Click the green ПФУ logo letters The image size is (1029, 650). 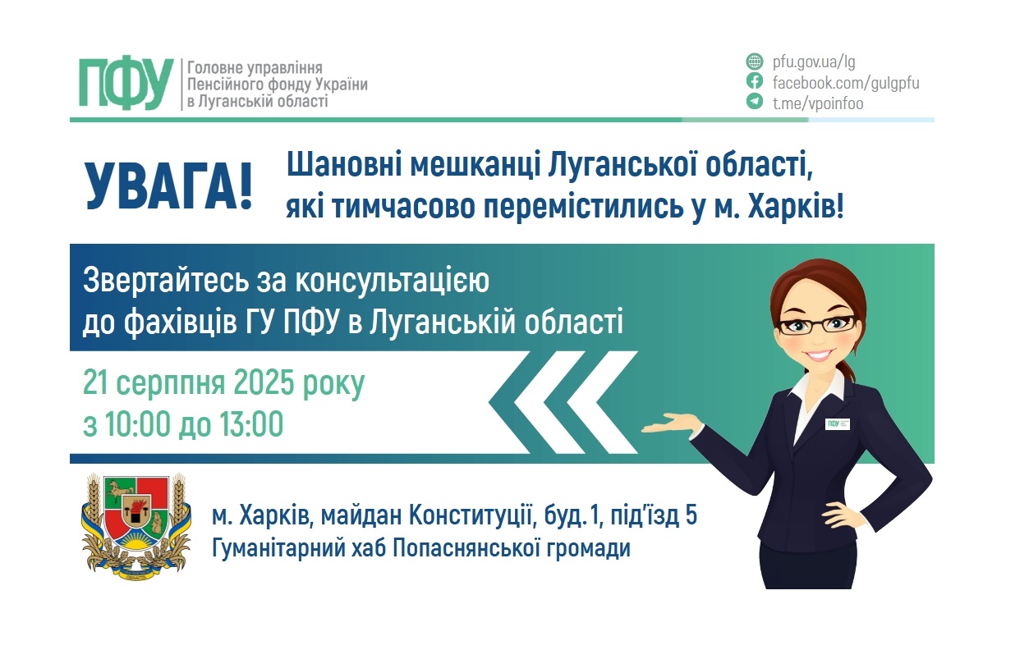[x=126, y=83]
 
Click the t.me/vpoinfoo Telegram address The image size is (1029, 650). [x=818, y=103]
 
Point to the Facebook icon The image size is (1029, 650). [x=754, y=81]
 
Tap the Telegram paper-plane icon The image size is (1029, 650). [x=754, y=102]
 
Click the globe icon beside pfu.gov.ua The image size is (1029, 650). [x=754, y=62]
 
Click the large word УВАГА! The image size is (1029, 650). [x=168, y=186]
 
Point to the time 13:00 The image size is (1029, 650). [x=250, y=424]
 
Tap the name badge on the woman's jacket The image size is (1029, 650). [x=837, y=423]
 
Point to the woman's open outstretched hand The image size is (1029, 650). [x=669, y=424]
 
